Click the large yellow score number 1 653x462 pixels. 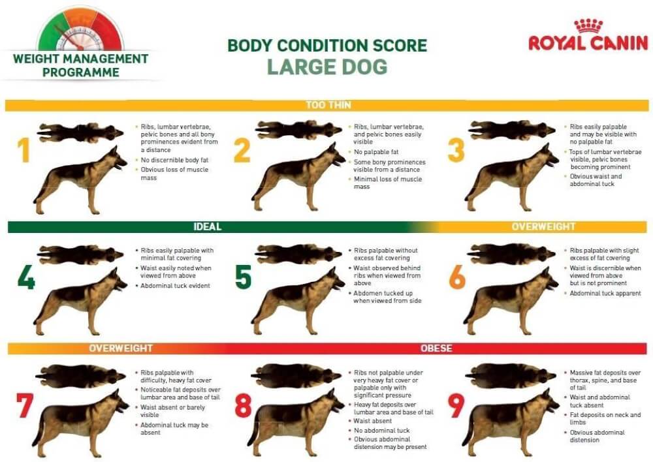coord(24,150)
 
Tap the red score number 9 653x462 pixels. coord(456,405)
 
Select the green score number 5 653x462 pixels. coord(243,277)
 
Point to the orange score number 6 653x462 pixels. coord(457,277)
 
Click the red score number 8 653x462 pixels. coord(243,405)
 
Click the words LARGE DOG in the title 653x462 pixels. coord(326,67)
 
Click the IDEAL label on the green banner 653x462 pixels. coord(208,227)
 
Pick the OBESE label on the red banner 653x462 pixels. coord(436,348)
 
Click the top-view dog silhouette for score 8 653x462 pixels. coord(297,376)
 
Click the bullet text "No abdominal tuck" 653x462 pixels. coord(383,430)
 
